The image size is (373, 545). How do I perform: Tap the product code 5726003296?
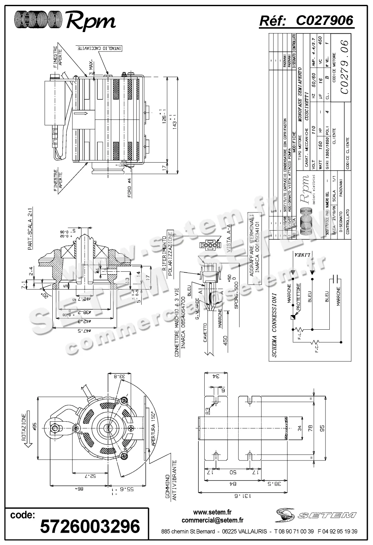(90, 526)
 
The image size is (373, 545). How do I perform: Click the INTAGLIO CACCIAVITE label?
(100, 48)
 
